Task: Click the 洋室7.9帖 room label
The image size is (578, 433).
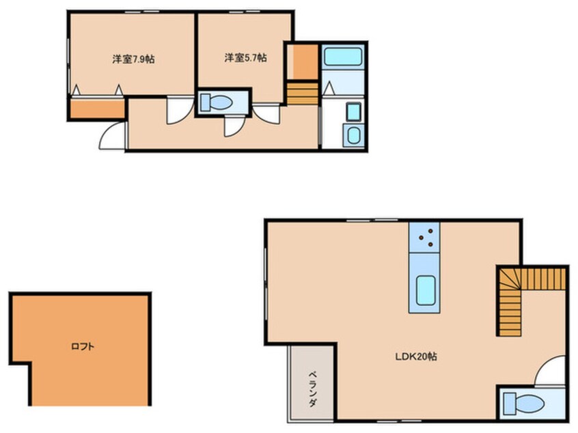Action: (133, 59)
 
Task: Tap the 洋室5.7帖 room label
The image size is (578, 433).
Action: (245, 57)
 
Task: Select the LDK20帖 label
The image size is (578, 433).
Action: (416, 357)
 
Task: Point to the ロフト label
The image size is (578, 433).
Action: (83, 346)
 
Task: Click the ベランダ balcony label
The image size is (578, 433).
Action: (313, 389)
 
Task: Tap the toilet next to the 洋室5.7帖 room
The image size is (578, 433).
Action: (216, 102)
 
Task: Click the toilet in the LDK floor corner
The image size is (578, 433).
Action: (523, 403)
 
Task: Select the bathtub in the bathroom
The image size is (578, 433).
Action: (343, 57)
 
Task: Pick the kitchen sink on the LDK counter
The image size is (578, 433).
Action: (426, 290)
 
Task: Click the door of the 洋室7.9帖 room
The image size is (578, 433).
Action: (180, 110)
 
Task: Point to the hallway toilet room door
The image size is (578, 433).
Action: (234, 126)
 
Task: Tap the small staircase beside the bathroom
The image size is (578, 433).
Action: (303, 94)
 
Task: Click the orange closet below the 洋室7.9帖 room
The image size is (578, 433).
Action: (97, 109)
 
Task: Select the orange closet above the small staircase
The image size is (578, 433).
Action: (302, 62)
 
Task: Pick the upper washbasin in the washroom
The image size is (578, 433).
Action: (353, 112)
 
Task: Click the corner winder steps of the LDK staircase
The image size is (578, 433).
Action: (510, 279)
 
